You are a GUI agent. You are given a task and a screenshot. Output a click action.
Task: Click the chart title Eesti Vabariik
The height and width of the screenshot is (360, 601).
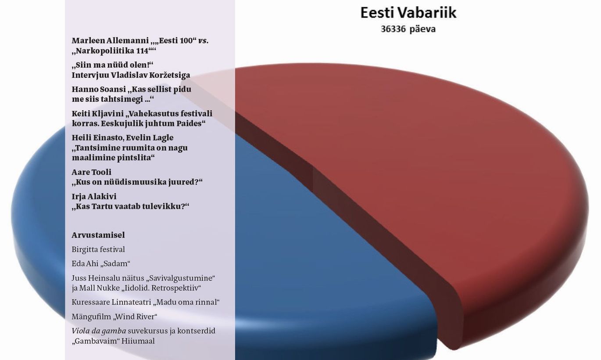coord(408,13)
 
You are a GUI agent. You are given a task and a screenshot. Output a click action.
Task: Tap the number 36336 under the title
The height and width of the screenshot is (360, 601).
coord(393,29)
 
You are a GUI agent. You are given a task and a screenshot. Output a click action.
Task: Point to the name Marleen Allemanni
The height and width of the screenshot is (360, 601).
coord(110,40)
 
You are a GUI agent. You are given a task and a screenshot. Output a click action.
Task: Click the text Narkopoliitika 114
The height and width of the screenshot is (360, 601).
coord(112,51)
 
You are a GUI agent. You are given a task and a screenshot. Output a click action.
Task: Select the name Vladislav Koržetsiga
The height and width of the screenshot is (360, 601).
coord(150,75)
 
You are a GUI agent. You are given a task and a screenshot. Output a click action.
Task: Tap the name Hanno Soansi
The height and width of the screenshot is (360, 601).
coord(99,89)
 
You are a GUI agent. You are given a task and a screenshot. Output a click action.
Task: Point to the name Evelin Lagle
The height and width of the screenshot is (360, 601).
coord(150,138)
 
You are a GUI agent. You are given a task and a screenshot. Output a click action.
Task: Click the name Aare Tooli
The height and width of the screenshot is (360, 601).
coord(91,172)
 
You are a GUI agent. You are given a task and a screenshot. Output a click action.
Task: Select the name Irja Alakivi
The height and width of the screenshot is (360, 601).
coord(94,197)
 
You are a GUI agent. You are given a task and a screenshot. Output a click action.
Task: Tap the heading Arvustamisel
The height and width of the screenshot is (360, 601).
coord(98,235)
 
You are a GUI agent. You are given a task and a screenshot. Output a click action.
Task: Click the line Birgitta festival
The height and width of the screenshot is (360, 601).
coord(98,250)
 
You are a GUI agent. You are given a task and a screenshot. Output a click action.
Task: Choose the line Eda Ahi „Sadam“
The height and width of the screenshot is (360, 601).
coord(101,263)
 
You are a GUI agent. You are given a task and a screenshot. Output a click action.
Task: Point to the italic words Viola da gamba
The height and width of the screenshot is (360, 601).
coord(99,331)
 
